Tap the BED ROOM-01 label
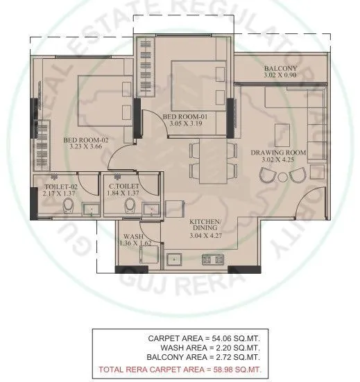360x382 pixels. pos(185,116)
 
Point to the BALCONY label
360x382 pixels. pos(280,68)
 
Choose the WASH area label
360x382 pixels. pos(128,236)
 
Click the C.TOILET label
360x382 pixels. pos(126,186)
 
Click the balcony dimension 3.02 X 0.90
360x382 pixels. pos(280,76)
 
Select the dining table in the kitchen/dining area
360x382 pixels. pos(212,161)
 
